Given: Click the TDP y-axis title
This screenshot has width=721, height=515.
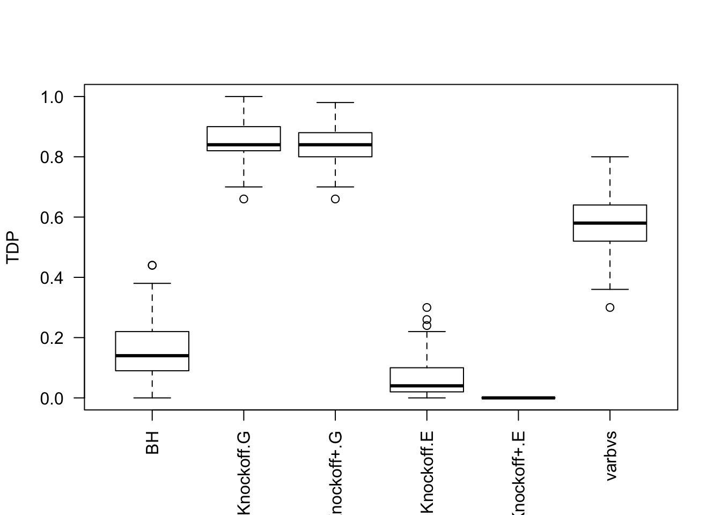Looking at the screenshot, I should (x=13, y=247).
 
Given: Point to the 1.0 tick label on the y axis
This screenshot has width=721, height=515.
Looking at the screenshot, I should (x=51, y=97).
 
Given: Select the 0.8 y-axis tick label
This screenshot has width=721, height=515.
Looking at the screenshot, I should (x=51, y=157).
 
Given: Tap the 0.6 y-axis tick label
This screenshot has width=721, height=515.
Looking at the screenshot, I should (x=51, y=217).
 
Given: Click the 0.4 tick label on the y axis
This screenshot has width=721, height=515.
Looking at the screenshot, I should (x=51, y=278).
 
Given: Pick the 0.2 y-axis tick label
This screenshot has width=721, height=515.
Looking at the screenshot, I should (x=51, y=338).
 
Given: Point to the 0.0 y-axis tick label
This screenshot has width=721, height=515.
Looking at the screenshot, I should (x=51, y=398).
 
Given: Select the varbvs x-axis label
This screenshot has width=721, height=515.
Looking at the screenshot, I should (x=610, y=455).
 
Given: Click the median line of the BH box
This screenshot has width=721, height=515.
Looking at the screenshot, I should (x=152, y=355).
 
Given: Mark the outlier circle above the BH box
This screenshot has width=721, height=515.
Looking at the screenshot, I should (x=152, y=265).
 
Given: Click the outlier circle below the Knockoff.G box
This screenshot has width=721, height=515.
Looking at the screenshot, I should (x=244, y=199).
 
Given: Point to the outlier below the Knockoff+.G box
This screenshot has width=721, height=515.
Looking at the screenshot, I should (x=335, y=199).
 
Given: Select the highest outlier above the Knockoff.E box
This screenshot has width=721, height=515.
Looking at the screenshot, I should (x=427, y=307).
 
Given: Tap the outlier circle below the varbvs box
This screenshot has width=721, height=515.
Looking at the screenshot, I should (x=610, y=307).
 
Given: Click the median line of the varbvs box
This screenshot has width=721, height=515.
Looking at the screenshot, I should (x=610, y=223).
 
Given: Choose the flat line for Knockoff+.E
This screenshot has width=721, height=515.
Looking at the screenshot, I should (x=518, y=398).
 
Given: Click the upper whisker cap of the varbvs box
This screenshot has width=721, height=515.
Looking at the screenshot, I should (x=610, y=157).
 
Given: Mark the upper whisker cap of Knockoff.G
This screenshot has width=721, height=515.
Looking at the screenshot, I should (x=244, y=97).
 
